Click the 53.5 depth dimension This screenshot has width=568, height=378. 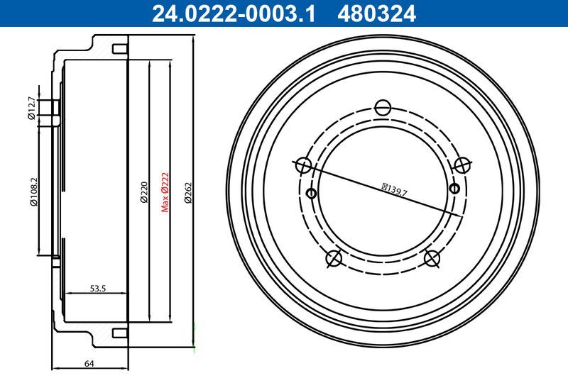97,288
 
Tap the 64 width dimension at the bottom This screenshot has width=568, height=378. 89,364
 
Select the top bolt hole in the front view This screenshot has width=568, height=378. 383,108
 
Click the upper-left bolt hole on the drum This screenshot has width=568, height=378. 303,166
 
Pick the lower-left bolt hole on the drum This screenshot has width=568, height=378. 334,259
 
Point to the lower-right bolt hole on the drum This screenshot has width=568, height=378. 432,259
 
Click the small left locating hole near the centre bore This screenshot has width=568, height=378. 310,193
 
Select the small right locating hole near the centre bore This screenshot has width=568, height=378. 455,188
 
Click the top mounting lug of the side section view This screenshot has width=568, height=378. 119,49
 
